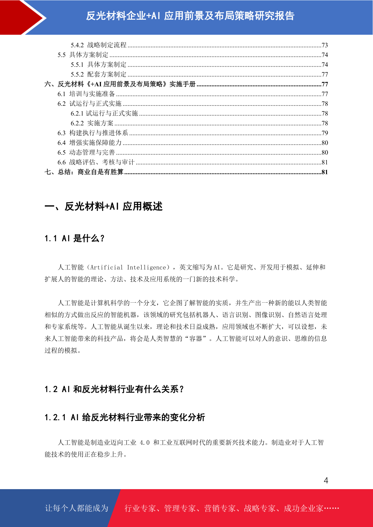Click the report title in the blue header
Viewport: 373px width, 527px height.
(x=190, y=16)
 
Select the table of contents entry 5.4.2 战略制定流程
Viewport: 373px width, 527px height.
(x=99, y=45)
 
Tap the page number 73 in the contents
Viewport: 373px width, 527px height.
(x=325, y=45)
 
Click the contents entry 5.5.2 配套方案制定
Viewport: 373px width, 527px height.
(x=99, y=74)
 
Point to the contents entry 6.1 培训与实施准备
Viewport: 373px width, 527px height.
(x=86, y=94)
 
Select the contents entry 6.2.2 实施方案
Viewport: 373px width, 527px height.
(x=92, y=123)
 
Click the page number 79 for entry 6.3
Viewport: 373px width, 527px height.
(x=325, y=133)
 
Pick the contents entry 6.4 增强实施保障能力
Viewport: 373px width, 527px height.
(x=90, y=143)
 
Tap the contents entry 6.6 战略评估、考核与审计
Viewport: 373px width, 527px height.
(x=96, y=162)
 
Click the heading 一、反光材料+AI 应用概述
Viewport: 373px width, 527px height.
(x=104, y=207)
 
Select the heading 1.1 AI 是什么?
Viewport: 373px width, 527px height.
(x=75, y=238)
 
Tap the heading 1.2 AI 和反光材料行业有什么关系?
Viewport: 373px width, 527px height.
(x=114, y=389)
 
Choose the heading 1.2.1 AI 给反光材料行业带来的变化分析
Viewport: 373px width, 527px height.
(x=125, y=417)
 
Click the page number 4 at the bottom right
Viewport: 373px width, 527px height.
(x=326, y=480)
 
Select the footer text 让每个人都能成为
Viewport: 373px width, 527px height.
(x=77, y=508)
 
